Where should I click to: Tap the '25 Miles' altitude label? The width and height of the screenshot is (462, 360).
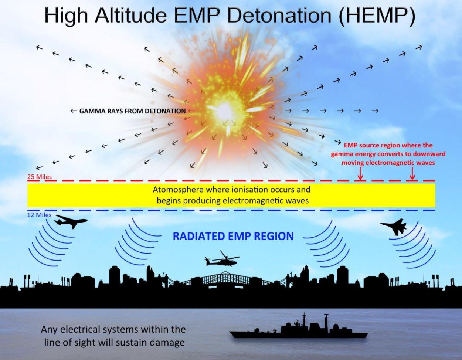(40, 177)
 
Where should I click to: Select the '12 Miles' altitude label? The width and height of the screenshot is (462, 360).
(39, 215)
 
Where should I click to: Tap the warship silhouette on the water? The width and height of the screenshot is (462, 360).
(299, 327)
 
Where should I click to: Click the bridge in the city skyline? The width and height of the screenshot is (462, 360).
(226, 279)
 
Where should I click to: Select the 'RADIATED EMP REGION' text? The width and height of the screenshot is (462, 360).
(233, 236)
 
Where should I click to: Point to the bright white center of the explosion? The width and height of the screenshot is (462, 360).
(223, 111)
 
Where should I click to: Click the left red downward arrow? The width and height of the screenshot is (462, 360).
(360, 173)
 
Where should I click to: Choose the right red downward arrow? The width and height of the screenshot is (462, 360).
(412, 173)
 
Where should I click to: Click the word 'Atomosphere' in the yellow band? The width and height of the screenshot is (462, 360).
(180, 189)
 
